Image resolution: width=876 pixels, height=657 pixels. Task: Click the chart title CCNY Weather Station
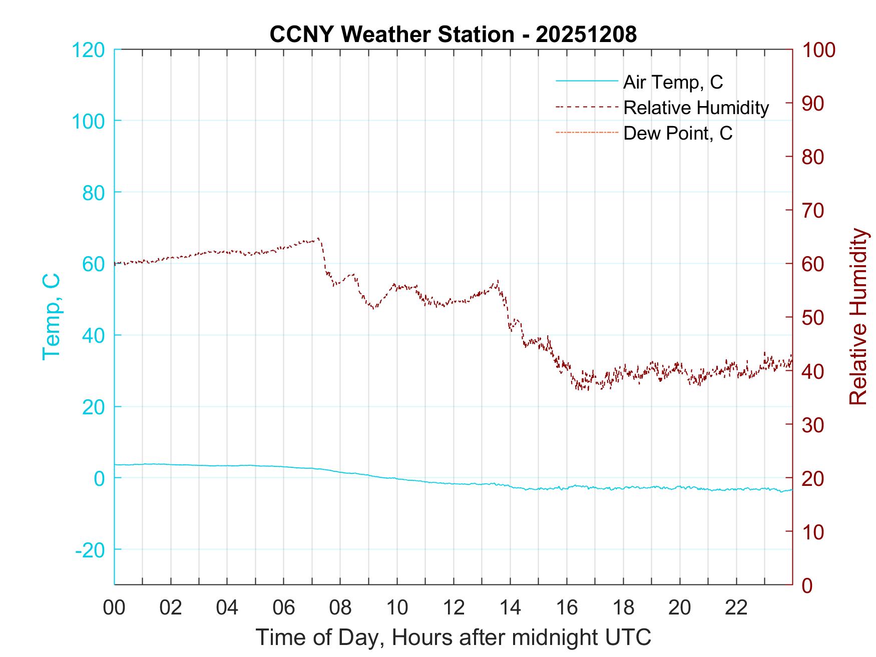453,35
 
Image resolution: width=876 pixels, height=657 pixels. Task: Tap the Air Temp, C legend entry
673,82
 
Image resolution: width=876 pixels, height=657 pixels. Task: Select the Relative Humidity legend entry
696,108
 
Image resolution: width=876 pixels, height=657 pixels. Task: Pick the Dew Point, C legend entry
678,134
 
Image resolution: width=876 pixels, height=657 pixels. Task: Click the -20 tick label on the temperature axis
90,550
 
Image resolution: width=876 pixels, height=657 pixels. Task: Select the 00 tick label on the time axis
114,608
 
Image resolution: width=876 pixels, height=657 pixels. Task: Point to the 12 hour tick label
454,608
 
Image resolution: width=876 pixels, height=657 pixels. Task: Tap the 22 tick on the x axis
736,608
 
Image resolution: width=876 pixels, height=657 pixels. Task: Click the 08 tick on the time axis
340,608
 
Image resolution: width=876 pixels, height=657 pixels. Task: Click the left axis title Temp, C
51,317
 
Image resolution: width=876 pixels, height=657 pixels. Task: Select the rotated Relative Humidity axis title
858,317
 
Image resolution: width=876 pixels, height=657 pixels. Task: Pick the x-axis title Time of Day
454,637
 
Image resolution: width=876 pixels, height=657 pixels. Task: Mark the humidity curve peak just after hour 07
318,239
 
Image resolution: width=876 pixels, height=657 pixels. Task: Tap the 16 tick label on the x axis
567,608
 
